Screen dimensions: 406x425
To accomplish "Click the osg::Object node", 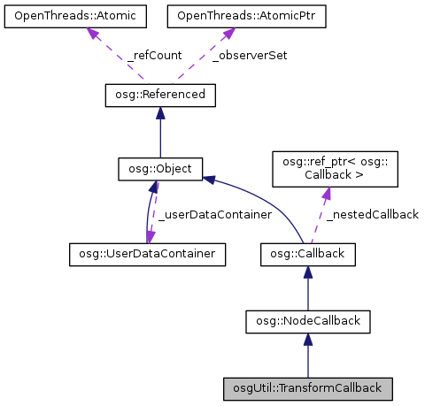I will (x=160, y=167).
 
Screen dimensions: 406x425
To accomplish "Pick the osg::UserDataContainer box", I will (x=146, y=255).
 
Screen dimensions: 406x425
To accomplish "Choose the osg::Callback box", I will (x=307, y=255).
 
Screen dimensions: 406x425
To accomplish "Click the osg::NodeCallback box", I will (x=307, y=320).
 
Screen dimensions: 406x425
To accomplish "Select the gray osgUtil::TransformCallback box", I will (x=307, y=387).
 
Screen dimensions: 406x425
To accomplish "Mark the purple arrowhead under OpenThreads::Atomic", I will (x=90, y=33).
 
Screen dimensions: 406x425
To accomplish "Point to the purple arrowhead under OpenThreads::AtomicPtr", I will (x=226, y=33).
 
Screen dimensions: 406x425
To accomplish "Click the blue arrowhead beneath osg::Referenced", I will (x=159, y=113).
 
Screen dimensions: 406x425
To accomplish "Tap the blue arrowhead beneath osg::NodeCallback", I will (x=307, y=340).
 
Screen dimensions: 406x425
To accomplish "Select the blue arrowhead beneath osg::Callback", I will (x=307, y=273).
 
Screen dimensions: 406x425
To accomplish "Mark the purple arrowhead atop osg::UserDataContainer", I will (x=152, y=237).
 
